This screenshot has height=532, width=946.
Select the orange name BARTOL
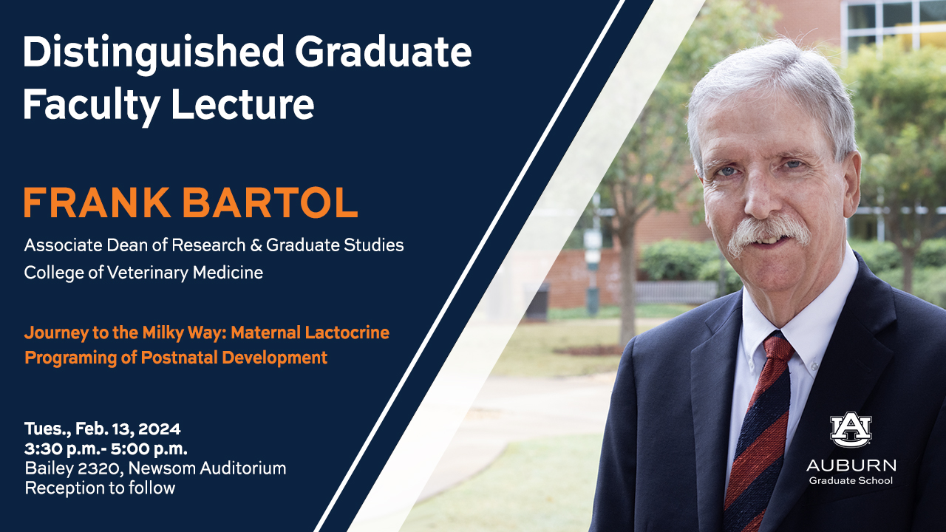[x=270, y=202]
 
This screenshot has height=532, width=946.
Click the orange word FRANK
[x=97, y=202]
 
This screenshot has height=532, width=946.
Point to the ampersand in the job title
[x=256, y=245]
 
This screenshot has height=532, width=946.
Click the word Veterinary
[x=149, y=273]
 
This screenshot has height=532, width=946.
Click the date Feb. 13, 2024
[x=128, y=429]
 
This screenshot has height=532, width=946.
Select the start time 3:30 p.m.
[x=63, y=449]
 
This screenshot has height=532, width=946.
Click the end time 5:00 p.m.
[x=149, y=449]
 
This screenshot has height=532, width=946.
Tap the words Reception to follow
[x=100, y=488]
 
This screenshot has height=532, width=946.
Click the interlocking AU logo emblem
[x=851, y=429]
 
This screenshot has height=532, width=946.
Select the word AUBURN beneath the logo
[x=851, y=465]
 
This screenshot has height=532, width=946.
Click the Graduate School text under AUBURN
[x=851, y=481]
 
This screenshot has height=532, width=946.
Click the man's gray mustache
[x=769, y=233]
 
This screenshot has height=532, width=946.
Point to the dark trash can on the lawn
[x=537, y=301]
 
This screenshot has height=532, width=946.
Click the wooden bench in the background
[x=675, y=292]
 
